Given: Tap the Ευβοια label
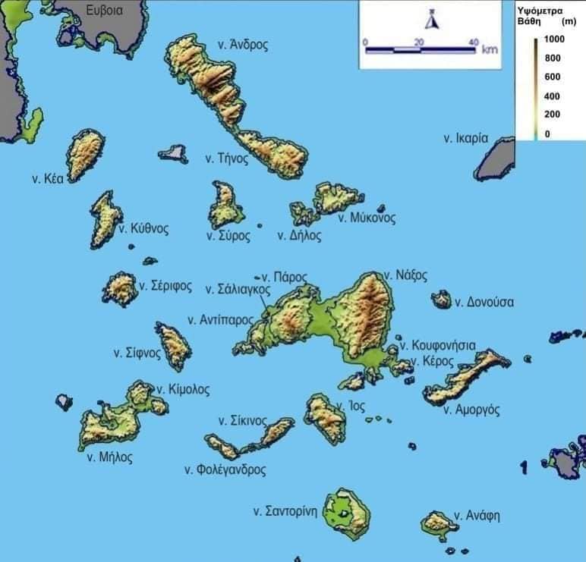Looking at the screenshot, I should click(x=104, y=11).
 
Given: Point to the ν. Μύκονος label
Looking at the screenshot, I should click(x=367, y=218).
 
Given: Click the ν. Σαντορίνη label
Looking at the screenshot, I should click(x=285, y=511).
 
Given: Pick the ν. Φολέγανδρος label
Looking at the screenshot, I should click(x=225, y=469).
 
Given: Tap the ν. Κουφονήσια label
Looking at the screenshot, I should click(x=438, y=345).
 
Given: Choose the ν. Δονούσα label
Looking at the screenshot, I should click(x=484, y=302).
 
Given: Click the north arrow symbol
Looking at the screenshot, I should click(x=432, y=20).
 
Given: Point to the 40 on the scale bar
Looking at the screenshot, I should click(x=473, y=42).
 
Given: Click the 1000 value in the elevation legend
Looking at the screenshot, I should click(x=555, y=38).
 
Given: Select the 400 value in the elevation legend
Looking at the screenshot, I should click(x=552, y=96).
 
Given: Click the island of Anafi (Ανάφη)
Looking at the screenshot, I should click(x=438, y=523).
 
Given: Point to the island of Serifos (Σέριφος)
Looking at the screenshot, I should click(x=120, y=289).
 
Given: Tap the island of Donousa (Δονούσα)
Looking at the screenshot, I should click(x=441, y=300).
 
